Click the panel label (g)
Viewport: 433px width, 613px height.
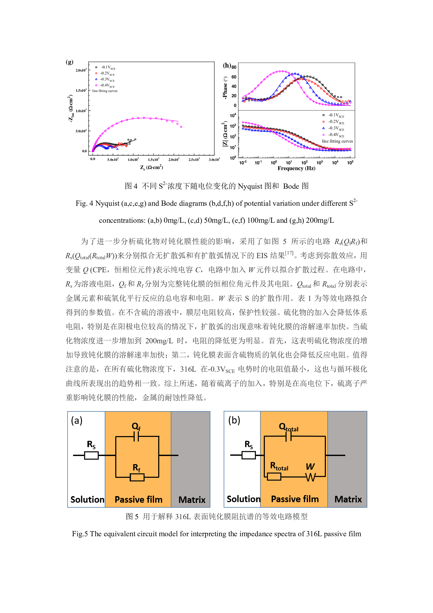coord(69,62)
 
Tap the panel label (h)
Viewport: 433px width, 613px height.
coord(227,66)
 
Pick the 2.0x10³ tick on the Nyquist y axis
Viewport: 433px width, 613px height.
coord(81,70)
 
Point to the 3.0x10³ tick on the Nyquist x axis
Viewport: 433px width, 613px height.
coord(214,160)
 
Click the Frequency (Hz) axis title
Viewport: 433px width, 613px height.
coord(296,169)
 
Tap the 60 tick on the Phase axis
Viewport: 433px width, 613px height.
coord(234,77)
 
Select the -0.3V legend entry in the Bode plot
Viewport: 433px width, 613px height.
coord(336,128)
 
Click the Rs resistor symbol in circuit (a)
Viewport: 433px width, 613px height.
coord(91,455)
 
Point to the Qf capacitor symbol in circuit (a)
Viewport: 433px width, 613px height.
coord(136,437)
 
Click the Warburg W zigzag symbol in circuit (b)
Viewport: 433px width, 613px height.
coord(311,477)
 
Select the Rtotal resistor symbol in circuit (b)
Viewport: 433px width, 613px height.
coord(274,476)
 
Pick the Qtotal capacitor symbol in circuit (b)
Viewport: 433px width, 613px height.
coord(288,437)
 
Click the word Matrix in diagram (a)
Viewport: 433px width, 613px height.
coord(192,500)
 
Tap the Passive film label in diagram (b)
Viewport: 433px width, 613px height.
coord(295,499)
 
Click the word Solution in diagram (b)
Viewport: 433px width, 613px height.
coord(243,499)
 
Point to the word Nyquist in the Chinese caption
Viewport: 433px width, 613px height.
coord(250,186)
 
